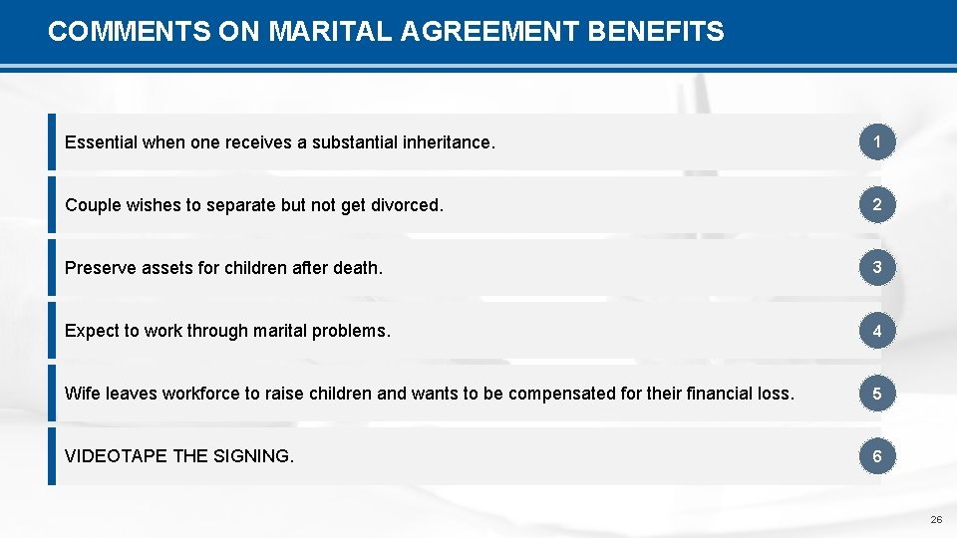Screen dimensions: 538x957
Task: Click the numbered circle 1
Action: (x=877, y=142)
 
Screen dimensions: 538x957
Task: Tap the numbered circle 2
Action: (x=877, y=205)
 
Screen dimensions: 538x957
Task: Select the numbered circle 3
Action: (x=877, y=268)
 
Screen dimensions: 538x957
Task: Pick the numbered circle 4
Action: (x=877, y=331)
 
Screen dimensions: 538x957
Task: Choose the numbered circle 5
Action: (x=877, y=394)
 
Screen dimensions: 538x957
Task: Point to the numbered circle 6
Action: (x=877, y=456)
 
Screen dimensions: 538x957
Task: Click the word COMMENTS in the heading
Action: (x=127, y=32)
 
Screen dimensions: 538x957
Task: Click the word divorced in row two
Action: (x=406, y=205)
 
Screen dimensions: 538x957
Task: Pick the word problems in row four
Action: (x=354, y=331)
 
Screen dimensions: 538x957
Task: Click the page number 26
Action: (x=936, y=520)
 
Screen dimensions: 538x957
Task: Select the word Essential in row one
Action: (x=101, y=142)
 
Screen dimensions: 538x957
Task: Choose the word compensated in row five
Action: (x=558, y=394)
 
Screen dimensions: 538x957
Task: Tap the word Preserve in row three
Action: (x=99, y=268)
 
